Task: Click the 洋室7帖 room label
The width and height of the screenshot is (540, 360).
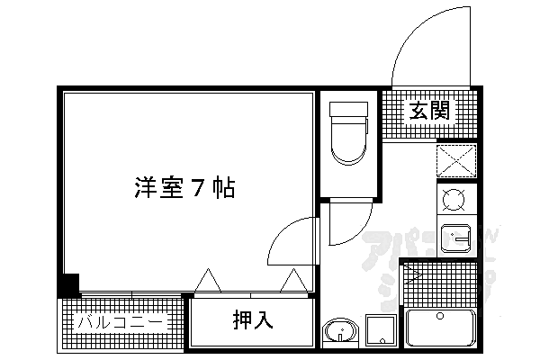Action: (184, 189)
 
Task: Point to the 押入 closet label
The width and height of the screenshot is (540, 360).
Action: (252, 319)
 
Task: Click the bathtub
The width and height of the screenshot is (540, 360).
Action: (441, 328)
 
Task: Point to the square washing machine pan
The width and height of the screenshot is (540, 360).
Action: (381, 331)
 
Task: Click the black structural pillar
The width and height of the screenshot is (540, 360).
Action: (69, 284)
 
